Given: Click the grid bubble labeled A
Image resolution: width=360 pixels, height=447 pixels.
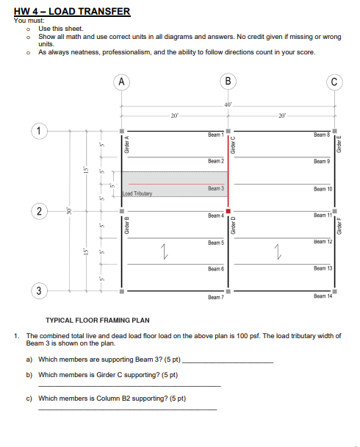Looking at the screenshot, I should (x=122, y=81).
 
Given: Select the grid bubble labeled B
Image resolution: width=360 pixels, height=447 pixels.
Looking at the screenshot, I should (x=228, y=81).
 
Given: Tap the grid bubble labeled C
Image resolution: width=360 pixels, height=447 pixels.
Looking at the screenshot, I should (x=336, y=81).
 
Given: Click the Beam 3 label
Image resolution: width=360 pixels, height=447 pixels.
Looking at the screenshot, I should (x=215, y=189).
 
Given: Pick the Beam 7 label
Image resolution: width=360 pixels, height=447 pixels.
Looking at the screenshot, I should (x=215, y=297).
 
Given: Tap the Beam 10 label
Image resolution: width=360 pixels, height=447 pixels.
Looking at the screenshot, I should (x=323, y=189).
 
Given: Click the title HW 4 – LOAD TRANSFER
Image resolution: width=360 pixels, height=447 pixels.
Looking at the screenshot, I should (x=72, y=11).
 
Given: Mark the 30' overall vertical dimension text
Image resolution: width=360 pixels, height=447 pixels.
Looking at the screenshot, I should (x=68, y=212).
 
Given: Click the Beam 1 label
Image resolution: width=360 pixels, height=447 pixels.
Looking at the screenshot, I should (x=215, y=135).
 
